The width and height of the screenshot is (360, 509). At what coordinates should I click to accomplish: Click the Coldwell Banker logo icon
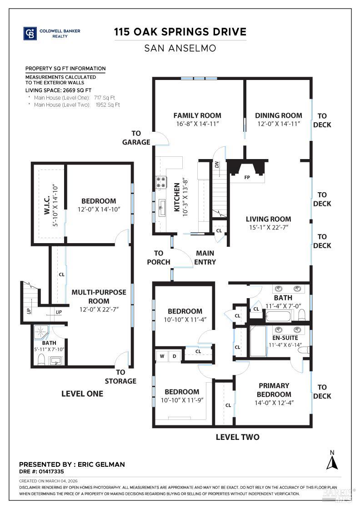(x=30, y=34)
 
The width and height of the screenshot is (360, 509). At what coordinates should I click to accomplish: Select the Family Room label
(x=197, y=115)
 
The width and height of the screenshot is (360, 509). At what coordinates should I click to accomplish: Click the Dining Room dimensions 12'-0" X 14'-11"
(x=278, y=124)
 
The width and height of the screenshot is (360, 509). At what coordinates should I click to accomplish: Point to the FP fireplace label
(x=247, y=177)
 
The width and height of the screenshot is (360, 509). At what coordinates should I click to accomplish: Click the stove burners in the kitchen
(x=161, y=182)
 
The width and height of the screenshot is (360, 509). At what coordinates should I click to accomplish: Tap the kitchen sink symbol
(x=161, y=208)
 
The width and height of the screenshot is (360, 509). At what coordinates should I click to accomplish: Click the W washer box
(x=161, y=356)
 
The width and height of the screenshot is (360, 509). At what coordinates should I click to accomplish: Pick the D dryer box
(x=174, y=356)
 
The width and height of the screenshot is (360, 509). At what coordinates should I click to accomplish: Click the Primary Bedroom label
(x=274, y=390)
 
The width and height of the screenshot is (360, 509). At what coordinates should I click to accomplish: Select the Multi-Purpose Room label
(x=99, y=296)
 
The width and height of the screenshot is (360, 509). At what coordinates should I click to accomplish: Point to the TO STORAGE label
(x=120, y=377)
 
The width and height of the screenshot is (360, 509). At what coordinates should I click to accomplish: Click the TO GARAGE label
(x=136, y=138)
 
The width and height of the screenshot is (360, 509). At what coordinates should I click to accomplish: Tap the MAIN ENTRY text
(x=205, y=257)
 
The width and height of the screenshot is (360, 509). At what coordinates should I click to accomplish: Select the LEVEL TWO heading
(x=237, y=437)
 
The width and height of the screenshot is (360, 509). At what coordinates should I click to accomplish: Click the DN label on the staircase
(x=217, y=164)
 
